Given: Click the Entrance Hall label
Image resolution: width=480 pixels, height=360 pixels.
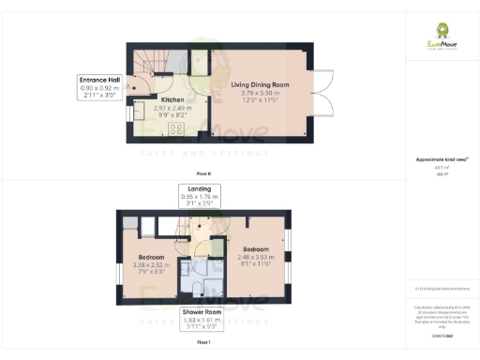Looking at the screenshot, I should coord(101,82).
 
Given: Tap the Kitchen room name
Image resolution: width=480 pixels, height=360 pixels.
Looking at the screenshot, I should coord(172,99).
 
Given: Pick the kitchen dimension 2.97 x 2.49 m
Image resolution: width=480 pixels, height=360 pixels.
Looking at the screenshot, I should coord(172,108).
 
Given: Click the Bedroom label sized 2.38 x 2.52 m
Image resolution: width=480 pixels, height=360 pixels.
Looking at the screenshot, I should coord(152,257).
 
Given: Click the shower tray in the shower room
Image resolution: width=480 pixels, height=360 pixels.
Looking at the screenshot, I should coord(213,286).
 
